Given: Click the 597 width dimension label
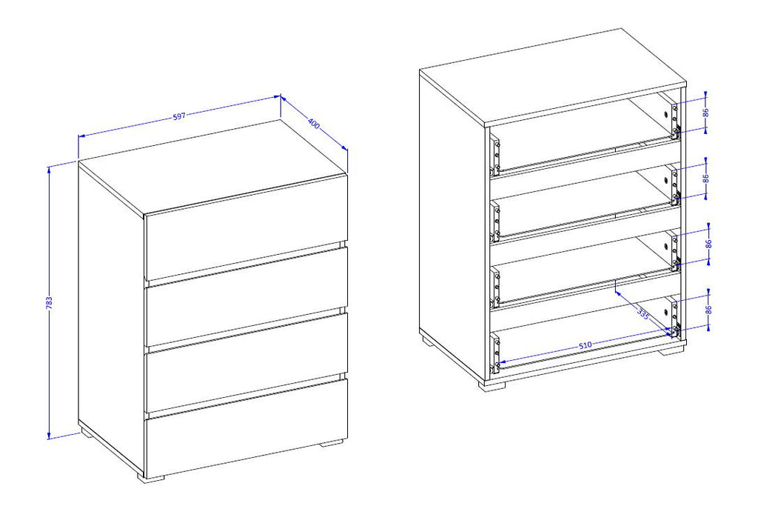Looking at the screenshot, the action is [179, 116].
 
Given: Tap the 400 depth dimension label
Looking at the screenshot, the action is [314, 124].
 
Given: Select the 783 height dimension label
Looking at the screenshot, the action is [49, 302].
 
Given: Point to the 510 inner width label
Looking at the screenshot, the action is [585, 345].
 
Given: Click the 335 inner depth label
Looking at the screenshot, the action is [643, 313].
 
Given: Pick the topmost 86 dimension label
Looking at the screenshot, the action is [705, 112].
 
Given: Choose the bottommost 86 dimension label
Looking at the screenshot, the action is [708, 310].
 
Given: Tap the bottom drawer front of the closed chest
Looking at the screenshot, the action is [246, 427].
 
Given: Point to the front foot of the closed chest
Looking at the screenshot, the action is [151, 476].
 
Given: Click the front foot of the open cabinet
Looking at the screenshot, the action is [492, 385].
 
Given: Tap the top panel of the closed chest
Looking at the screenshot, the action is [212, 167].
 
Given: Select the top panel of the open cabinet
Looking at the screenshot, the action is [552, 77].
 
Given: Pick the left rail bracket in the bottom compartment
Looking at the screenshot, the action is [495, 352].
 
